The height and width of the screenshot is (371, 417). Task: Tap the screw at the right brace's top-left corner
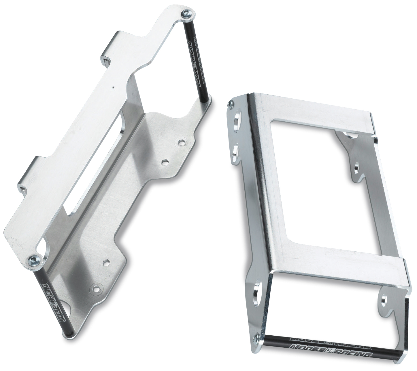click(231, 104)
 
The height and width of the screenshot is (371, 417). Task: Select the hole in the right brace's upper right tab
click(357, 167)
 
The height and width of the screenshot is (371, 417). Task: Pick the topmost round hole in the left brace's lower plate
click(182, 142)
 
